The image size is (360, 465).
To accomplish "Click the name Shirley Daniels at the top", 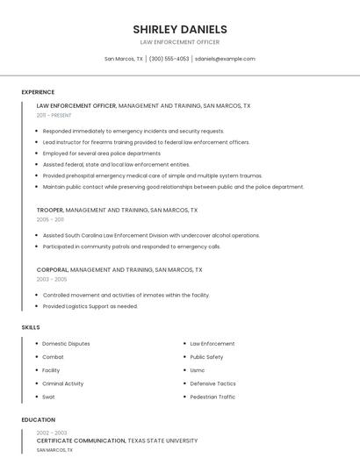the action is pos(179,29).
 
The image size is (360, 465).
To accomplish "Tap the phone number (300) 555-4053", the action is pos(169,59).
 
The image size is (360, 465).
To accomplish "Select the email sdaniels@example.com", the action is pos(225,59).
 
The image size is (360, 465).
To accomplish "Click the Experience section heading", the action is pos(38,92).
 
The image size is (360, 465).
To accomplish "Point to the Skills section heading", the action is pos(31,327).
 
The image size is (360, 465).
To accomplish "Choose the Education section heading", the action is pos(39,419).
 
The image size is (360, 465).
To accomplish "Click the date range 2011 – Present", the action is pos(54,115).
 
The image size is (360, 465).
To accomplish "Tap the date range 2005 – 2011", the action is pos(50,220).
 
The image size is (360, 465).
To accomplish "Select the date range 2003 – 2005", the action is pos(51,279).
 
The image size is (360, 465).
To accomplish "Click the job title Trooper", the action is pos(49,211).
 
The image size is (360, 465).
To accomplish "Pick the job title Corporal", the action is pos(52,269).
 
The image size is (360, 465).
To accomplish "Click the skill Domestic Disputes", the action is pos(66,344).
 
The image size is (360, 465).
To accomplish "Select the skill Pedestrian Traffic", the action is pos(212,397).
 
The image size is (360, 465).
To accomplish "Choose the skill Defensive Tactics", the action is pos(212,383).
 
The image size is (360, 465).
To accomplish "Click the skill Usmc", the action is pos(198,370).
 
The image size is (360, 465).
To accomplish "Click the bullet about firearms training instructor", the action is pos(146,142).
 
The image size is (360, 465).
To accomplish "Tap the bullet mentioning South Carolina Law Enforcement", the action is pos(151,235).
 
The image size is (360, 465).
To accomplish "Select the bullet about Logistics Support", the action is pos(90,306).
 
